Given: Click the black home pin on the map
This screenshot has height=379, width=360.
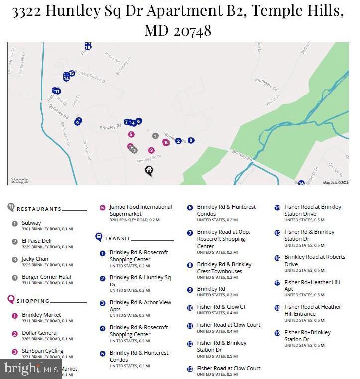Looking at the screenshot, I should click(x=149, y=171).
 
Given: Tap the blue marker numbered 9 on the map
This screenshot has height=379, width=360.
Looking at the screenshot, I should click(x=77, y=122).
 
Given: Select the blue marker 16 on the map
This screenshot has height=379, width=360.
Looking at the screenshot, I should click(x=301, y=183).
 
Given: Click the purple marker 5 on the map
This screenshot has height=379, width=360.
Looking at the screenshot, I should click(x=131, y=134).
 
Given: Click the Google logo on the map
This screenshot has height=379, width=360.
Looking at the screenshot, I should click(x=19, y=181).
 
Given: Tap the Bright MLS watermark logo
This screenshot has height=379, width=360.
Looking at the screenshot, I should click(x=30, y=369).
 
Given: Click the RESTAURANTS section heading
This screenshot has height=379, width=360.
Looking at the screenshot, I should click(x=39, y=209).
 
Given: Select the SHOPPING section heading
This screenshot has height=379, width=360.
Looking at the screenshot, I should click(x=33, y=301).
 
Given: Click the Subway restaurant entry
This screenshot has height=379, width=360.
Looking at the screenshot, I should click(x=31, y=223).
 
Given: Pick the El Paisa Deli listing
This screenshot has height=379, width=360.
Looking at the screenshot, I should click(x=36, y=241).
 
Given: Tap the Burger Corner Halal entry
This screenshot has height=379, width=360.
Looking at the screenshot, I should click(x=46, y=277).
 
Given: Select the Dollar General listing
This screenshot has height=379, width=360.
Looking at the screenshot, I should click(x=40, y=333).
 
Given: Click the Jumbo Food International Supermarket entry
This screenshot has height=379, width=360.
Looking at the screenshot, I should click(x=140, y=210).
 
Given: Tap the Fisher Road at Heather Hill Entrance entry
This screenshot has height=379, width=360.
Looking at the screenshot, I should click(x=312, y=310).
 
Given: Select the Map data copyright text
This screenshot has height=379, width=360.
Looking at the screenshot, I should click(x=336, y=183).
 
